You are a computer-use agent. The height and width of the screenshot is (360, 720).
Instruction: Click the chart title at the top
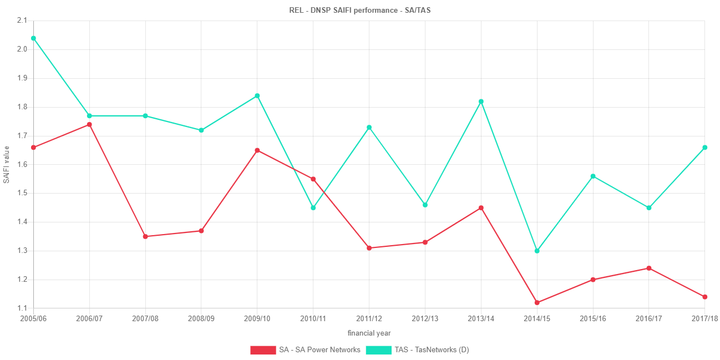(360, 10)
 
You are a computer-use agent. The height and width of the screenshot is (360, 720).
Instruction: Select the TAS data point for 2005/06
(33, 38)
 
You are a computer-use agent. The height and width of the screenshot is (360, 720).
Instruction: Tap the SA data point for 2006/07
(89, 125)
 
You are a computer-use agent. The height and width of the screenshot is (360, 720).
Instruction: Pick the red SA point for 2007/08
(145, 237)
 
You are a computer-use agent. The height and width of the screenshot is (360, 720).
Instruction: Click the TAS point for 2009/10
(257, 96)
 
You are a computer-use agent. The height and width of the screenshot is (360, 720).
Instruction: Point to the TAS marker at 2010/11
(313, 208)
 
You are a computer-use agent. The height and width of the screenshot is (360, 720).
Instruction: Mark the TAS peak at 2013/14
(481, 102)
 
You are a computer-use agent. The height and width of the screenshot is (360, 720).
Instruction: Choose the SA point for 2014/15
(537, 303)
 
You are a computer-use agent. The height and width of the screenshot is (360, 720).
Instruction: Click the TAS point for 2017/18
(705, 148)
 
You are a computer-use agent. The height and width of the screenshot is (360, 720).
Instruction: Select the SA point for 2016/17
(649, 268)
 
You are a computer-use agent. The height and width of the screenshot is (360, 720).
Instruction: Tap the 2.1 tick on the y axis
(22, 21)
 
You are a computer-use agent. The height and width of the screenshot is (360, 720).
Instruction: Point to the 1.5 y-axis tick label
(22, 193)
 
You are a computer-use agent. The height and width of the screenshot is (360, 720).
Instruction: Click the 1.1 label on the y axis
(22, 308)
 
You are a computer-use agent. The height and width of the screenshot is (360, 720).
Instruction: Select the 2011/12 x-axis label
(369, 319)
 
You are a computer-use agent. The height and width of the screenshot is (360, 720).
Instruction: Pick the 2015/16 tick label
(593, 319)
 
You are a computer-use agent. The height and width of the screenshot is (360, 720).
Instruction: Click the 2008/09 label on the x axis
(201, 319)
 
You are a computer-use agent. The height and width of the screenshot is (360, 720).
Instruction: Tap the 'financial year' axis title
(369, 333)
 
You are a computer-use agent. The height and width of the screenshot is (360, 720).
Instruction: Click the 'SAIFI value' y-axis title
(7, 164)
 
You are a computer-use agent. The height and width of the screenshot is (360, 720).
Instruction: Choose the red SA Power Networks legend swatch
(263, 350)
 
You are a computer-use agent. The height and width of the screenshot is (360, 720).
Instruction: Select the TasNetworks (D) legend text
(432, 350)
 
